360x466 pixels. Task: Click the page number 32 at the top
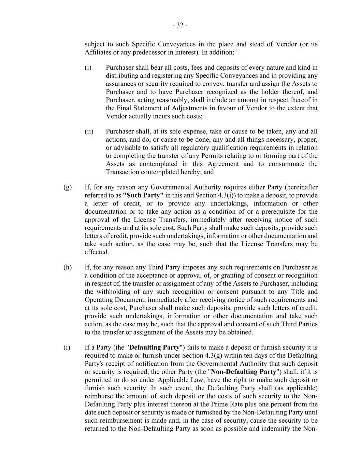[180, 25]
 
